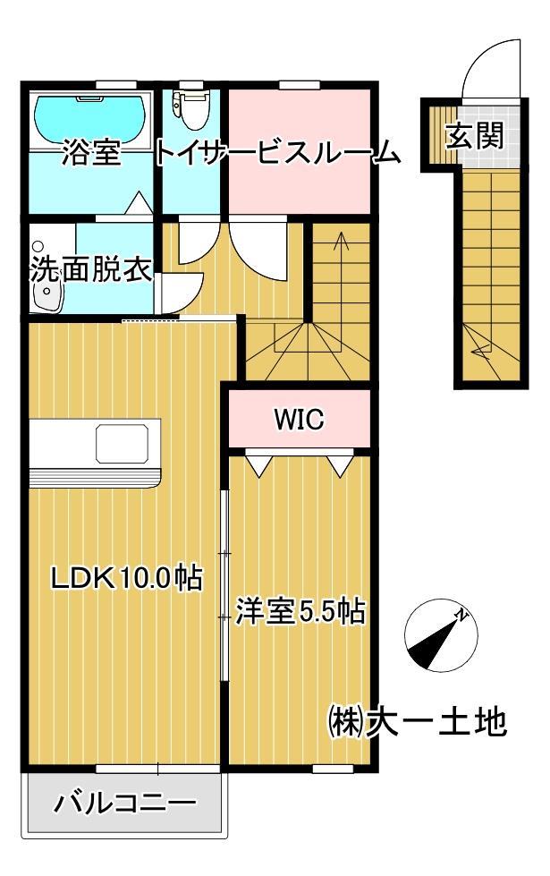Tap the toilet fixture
point(191,108)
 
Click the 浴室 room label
point(90,154)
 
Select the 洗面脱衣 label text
point(90,269)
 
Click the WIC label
point(299,419)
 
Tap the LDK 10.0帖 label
point(124,578)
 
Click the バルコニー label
point(124,802)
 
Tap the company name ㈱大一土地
point(419,721)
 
